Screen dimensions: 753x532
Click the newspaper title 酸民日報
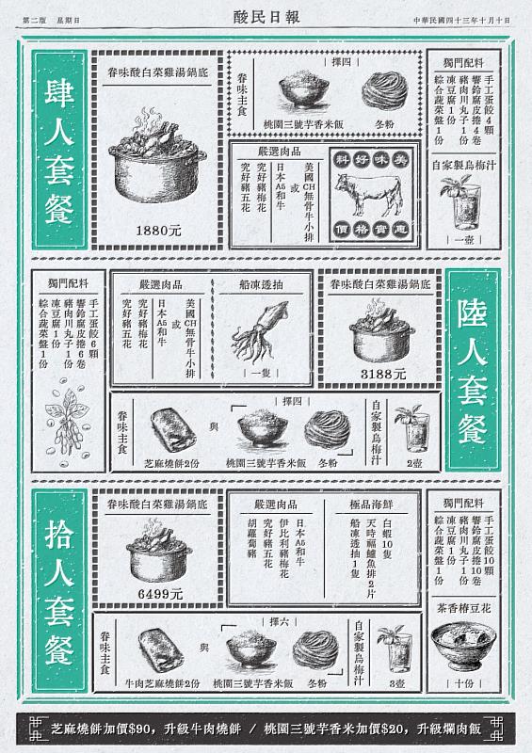click(266, 16)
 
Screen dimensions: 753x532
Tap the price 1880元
click(158, 230)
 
